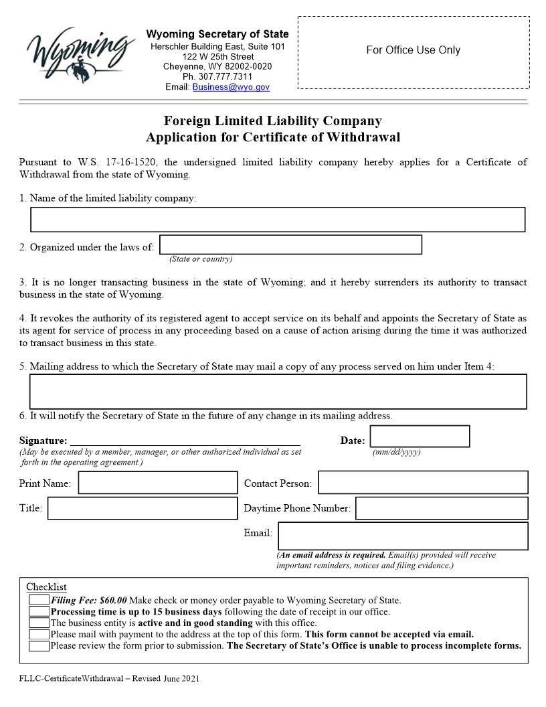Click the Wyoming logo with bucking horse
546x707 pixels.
click(x=78, y=53)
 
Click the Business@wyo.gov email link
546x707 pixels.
click(x=231, y=87)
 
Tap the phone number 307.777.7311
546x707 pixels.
click(x=217, y=77)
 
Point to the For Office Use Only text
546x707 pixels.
click(x=413, y=50)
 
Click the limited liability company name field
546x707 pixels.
click(x=278, y=220)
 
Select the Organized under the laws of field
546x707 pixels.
click(x=290, y=245)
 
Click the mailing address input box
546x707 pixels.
click(x=278, y=392)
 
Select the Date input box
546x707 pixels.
click(x=420, y=437)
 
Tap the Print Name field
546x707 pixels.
click(x=158, y=483)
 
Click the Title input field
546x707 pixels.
click(x=143, y=508)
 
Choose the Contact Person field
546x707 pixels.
click(x=423, y=483)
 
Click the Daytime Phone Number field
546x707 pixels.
click(x=442, y=508)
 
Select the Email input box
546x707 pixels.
click(x=403, y=536)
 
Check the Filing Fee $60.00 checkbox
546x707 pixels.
click(x=39, y=600)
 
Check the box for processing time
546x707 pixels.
click(x=39, y=611)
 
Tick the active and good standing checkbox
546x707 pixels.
click(x=39, y=623)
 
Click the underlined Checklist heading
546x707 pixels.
click(x=46, y=587)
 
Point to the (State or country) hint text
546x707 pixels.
click(x=201, y=259)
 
